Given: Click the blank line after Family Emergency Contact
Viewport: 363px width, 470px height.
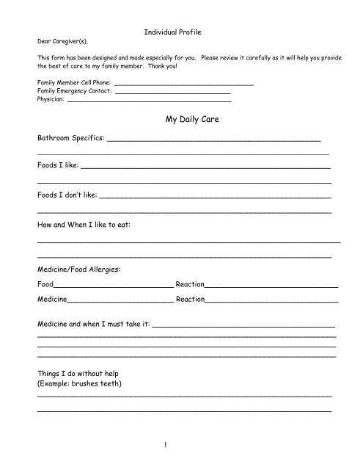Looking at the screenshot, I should (x=172, y=93).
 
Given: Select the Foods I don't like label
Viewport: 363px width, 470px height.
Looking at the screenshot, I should (x=66, y=196).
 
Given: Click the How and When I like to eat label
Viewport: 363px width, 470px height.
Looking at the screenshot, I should (x=84, y=224).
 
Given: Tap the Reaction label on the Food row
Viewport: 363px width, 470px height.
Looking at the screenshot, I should (x=190, y=283).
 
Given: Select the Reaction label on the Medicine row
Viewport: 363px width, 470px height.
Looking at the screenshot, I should (x=190, y=300).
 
